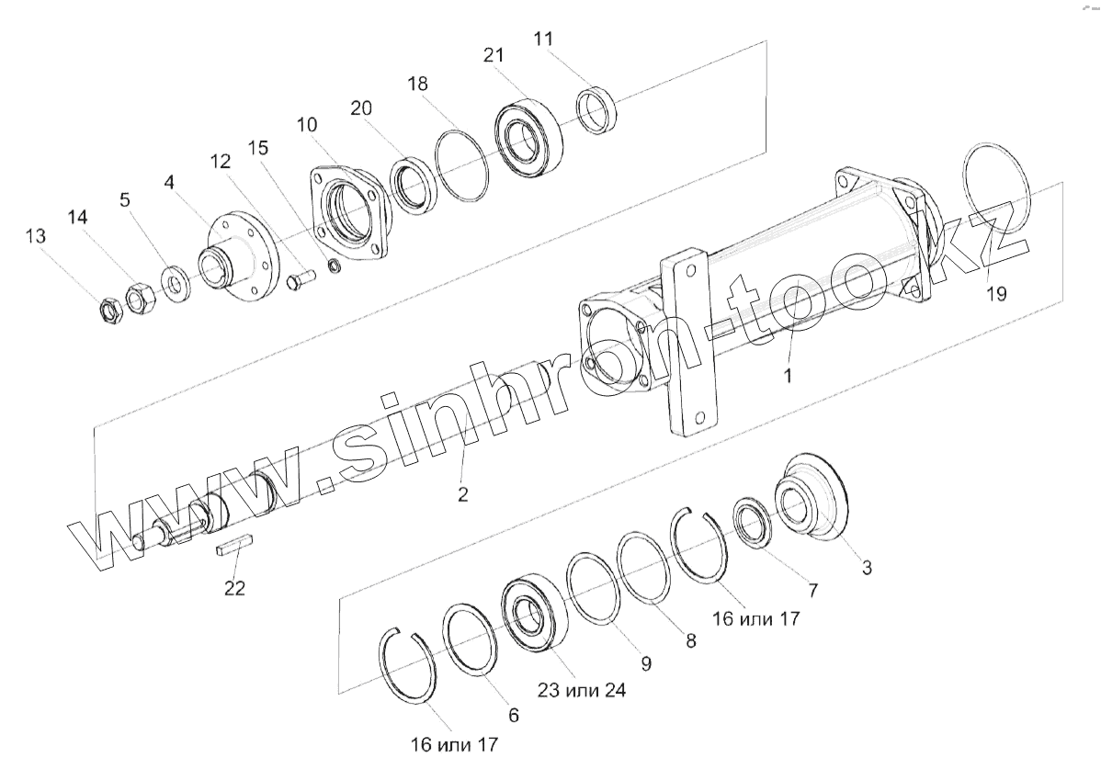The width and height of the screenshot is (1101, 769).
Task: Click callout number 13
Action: [35, 237]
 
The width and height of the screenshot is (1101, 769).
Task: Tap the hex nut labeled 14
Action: [139, 298]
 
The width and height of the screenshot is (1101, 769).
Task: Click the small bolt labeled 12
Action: [300, 284]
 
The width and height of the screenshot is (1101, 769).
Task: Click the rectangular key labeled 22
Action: [234, 547]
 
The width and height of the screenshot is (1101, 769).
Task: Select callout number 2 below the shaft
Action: [463, 493]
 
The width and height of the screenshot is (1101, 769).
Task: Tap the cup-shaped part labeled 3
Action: [813, 501]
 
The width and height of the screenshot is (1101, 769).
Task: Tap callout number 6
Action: [513, 714]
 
